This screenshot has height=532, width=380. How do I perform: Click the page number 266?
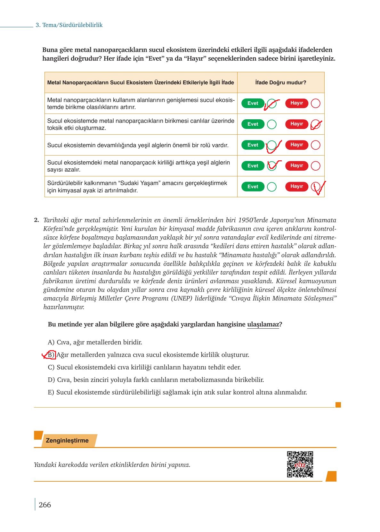45,505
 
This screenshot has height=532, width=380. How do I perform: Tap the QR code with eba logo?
300,464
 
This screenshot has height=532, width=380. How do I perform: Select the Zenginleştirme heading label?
67,440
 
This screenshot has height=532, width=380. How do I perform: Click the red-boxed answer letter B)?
52,355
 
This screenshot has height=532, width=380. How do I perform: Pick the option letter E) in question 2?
51,392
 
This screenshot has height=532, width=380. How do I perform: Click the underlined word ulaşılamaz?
263,324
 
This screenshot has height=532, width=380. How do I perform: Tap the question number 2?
36,220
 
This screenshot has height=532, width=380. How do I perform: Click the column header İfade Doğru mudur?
280,82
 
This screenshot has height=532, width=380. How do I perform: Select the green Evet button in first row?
253,103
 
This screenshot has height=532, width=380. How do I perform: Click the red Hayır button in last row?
296,187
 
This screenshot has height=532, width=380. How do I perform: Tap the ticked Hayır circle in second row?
315,124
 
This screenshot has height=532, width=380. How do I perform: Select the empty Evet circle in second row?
271,124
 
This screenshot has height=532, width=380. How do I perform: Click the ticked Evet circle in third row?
271,145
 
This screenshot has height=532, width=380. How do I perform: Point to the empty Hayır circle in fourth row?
315,166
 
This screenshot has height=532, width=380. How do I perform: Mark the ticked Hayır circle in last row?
315,187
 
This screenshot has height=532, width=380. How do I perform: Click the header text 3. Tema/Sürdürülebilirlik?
69,25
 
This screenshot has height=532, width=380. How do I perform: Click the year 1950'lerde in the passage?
252,220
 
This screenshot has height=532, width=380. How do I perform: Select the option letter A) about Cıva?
51,342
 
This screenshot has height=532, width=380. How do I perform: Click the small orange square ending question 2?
338,405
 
